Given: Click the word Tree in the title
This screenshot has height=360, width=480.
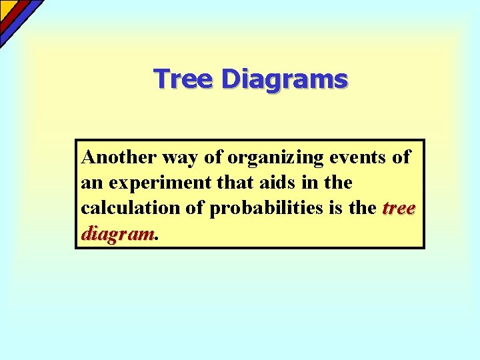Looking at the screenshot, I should tap(185, 79).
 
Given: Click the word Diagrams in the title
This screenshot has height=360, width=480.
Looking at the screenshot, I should tap(285, 79).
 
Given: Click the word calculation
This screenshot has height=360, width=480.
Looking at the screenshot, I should tap(129, 208).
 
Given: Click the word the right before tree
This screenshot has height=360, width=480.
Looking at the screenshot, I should tap(363, 208).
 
